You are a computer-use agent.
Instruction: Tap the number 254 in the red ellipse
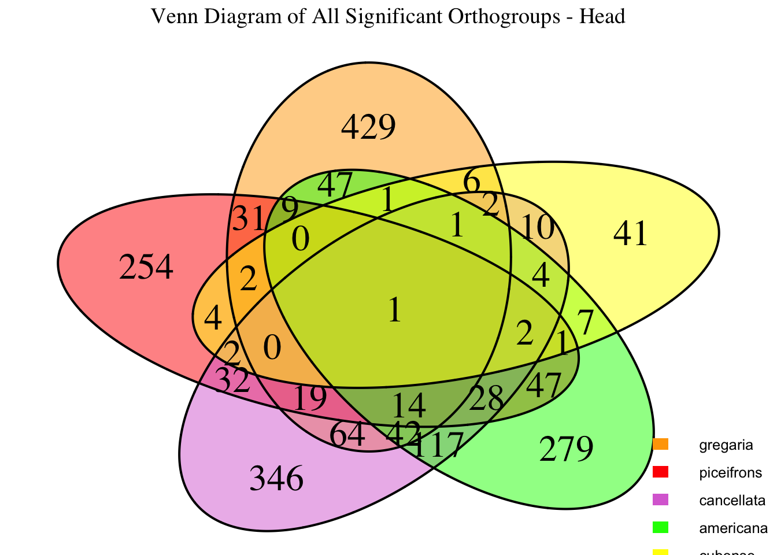(x=146, y=268)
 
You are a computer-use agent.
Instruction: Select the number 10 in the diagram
(x=537, y=228)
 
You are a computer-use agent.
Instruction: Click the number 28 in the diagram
(x=486, y=399)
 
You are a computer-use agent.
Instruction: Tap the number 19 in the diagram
(x=310, y=398)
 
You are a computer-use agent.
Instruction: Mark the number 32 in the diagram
(x=232, y=382)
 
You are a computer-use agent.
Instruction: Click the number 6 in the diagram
(x=472, y=183)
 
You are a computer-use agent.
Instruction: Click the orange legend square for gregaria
(x=660, y=444)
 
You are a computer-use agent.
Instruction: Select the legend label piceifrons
(x=730, y=473)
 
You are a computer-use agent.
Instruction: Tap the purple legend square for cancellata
(x=660, y=499)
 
